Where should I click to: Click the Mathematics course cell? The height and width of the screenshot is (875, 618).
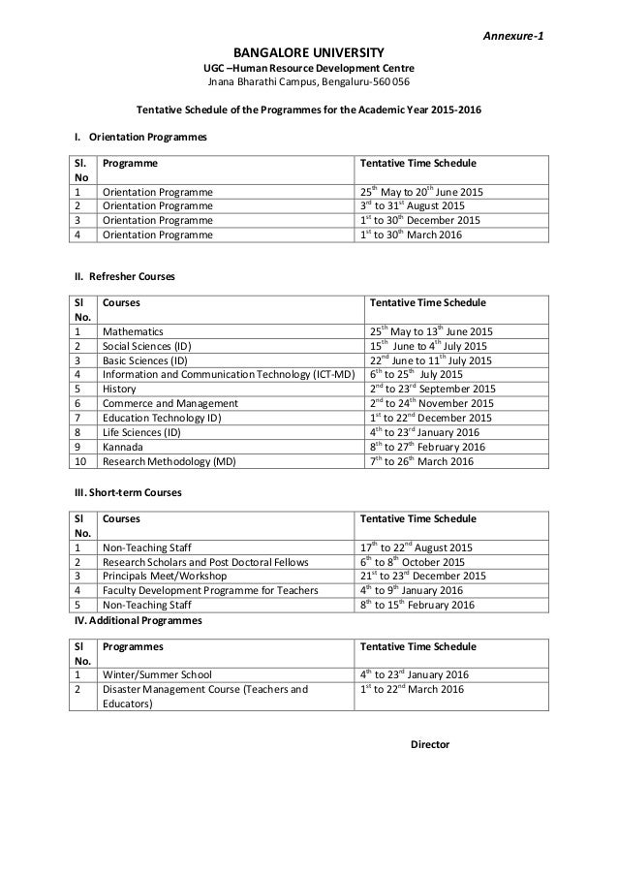(x=134, y=331)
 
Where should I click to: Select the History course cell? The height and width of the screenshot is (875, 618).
(x=120, y=389)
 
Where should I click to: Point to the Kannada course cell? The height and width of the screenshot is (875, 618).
(x=123, y=447)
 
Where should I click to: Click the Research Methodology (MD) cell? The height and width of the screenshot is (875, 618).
(x=169, y=461)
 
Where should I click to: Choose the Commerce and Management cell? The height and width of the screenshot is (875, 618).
(x=170, y=403)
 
